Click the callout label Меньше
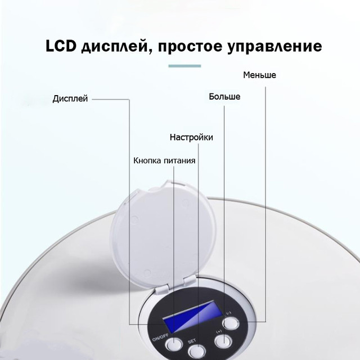click(x=259, y=75)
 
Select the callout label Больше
click(x=224, y=97)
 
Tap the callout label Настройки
click(x=191, y=137)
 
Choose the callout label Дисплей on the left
click(x=70, y=99)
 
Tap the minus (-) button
click(x=230, y=323)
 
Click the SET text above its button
click(x=192, y=341)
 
